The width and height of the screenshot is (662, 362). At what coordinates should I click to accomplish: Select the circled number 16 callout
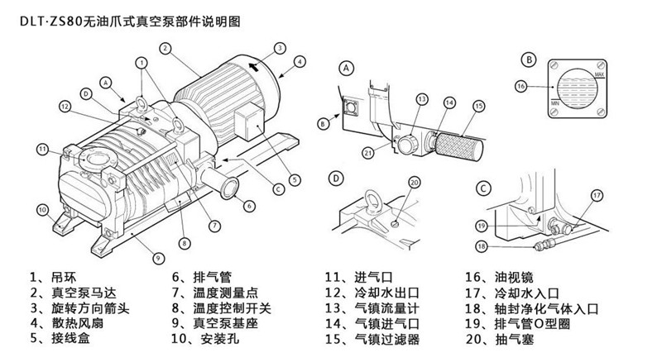pyautogui.click(x=520, y=86)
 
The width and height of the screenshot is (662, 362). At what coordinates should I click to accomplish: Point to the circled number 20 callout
pyautogui.click(x=415, y=183)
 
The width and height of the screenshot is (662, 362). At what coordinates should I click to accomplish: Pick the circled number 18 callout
pyautogui.click(x=481, y=245)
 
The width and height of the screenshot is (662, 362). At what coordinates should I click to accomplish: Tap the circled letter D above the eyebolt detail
pyautogui.click(x=337, y=178)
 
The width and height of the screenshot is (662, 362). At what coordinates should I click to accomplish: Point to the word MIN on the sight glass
pyautogui.click(x=557, y=101)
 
